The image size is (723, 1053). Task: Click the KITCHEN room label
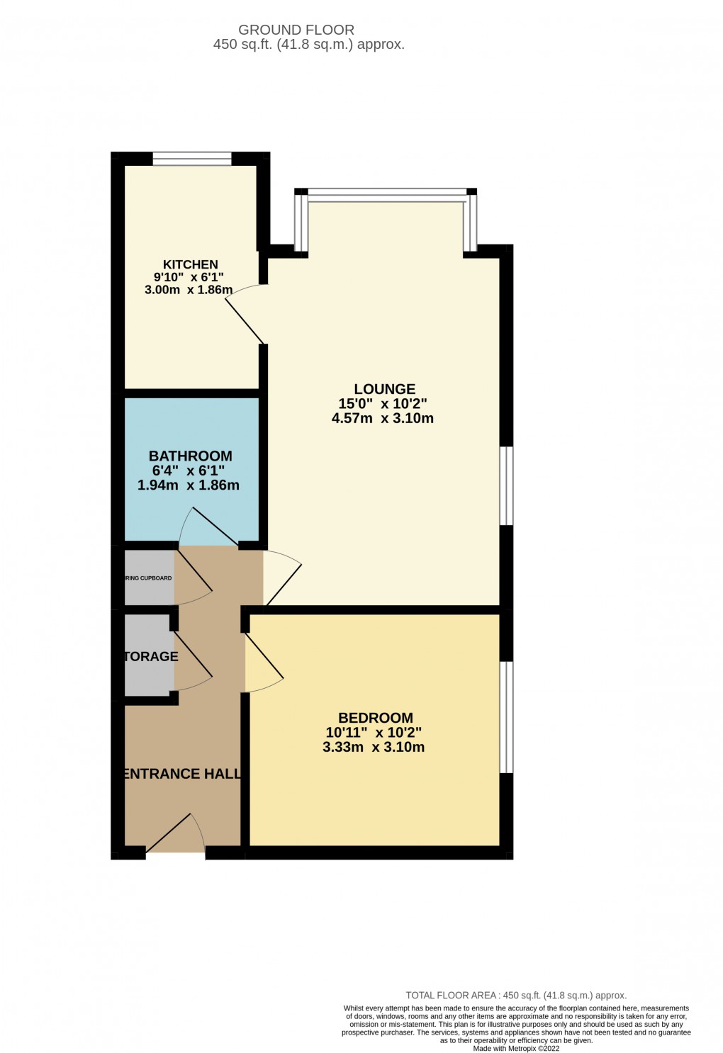point(190,264)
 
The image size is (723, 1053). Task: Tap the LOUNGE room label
point(384,389)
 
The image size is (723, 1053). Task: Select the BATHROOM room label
point(190,456)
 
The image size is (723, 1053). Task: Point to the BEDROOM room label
point(375,718)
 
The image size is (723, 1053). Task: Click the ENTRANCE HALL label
point(182,774)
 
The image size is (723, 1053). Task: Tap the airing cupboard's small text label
point(148,578)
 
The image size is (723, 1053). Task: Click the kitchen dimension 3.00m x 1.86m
point(189,290)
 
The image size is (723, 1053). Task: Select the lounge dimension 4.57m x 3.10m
point(382,419)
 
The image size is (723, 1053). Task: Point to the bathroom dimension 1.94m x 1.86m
point(188,486)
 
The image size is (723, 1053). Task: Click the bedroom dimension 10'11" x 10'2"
point(374,733)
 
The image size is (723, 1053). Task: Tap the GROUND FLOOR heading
point(296,30)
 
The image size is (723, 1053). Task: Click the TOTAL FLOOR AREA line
point(516,995)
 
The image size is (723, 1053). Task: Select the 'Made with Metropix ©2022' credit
point(516,1049)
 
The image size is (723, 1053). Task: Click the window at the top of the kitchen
point(192,159)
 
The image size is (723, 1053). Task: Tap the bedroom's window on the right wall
point(506,717)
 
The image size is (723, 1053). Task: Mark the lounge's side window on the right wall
point(506,485)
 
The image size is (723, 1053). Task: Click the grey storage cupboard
point(147,655)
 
